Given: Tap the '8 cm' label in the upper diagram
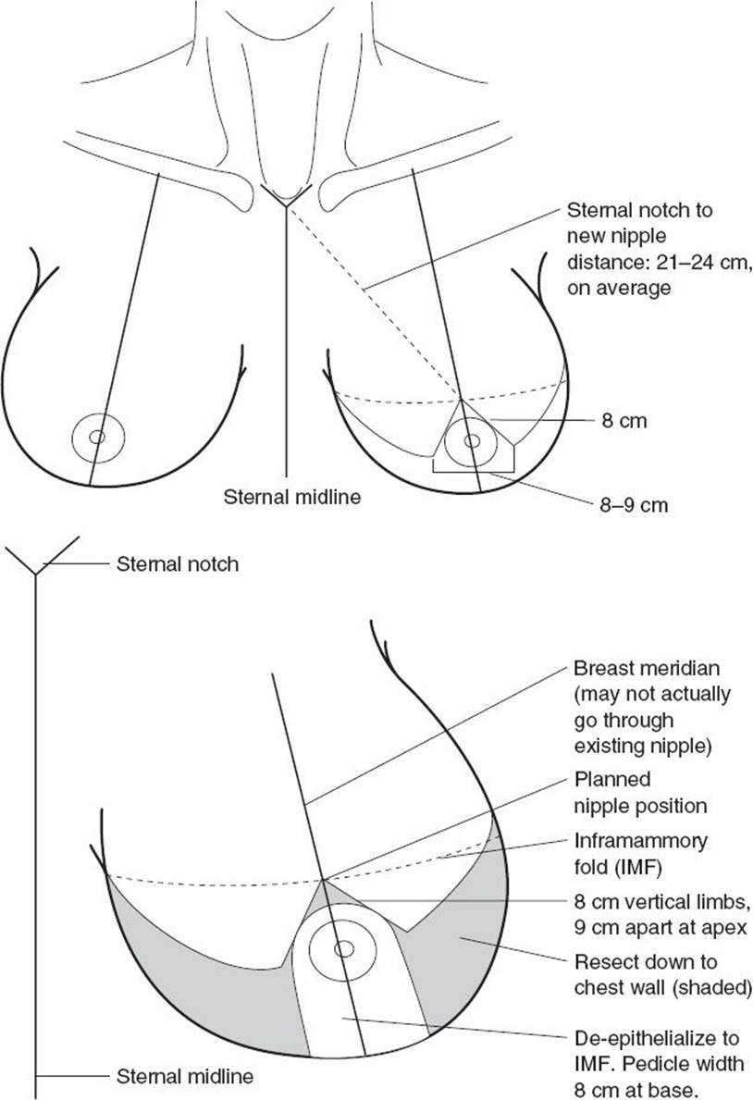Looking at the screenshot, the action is pos(624,421).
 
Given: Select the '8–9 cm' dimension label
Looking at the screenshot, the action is pos(634,505).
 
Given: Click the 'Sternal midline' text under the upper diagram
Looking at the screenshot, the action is pos(292,497).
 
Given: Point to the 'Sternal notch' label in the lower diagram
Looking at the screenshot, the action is pos(178,564).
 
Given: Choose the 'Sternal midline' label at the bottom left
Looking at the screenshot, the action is pos(185,1076).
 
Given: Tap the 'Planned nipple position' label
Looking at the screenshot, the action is pos(640,793).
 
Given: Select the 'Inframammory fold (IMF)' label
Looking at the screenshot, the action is pos(641,854).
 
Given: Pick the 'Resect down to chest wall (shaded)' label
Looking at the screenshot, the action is pos(663,974).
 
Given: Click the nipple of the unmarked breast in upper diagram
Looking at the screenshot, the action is pos(97,437).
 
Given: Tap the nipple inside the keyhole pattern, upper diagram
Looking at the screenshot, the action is pos(473,440).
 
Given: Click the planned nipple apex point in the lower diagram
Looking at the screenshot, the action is pos(323,878).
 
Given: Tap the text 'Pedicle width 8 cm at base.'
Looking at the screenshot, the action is pos(659,1076).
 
